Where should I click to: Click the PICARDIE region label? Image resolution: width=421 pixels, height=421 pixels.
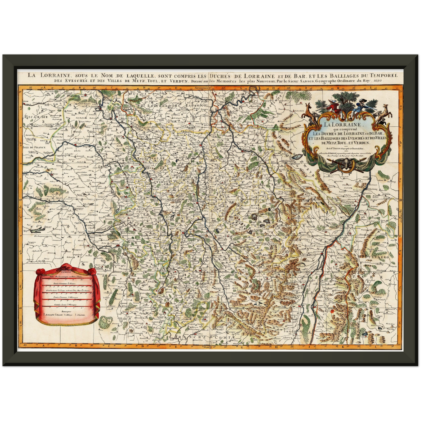click(37, 117)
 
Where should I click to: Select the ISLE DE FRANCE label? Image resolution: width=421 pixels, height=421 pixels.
click(34, 147)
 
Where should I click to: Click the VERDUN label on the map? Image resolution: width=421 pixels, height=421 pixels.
click(163, 182)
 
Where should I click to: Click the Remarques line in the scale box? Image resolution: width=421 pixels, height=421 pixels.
click(66, 311)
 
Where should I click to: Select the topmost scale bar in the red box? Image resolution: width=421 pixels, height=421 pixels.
click(67, 277)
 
